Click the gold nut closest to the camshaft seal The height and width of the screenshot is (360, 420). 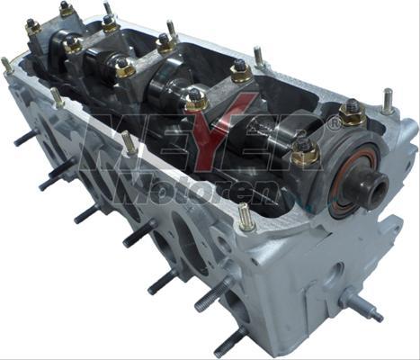pos(306,151)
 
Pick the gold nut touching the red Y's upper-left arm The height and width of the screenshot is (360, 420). pos(197,99)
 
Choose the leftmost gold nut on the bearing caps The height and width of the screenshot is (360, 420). pos(33,26)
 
